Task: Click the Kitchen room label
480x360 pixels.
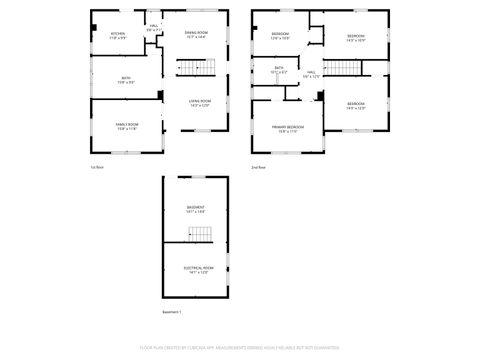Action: tap(118, 33)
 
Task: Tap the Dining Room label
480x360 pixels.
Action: tap(195, 33)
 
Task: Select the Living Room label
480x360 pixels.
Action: tap(200, 101)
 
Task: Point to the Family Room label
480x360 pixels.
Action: tap(126, 124)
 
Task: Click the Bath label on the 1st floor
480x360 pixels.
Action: tap(126, 78)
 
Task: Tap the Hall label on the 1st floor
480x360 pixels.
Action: tap(153, 26)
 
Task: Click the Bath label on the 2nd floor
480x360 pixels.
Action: tap(279, 68)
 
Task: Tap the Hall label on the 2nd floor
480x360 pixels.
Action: tap(312, 72)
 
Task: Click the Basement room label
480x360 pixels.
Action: tap(195, 207)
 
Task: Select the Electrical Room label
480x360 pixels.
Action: tap(195, 267)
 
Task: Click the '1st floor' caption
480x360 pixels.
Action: tap(97, 167)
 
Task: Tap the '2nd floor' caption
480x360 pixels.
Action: tap(258, 167)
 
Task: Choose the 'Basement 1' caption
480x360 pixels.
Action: tap(172, 312)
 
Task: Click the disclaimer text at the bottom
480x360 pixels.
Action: tap(239, 349)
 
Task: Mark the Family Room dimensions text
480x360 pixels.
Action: tap(126, 129)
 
